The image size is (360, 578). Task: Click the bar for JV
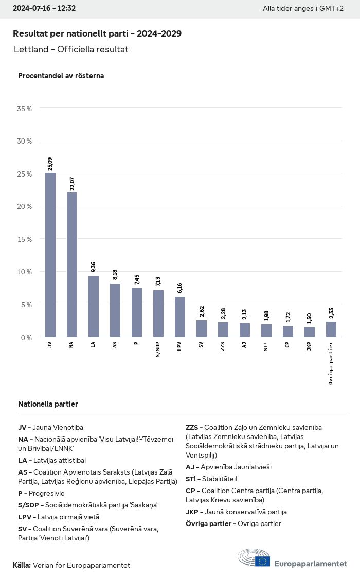tap(50, 255)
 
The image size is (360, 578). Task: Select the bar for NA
tap(72, 265)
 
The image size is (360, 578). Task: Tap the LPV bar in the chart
tap(180, 317)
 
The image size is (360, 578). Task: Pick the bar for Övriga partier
tap(331, 329)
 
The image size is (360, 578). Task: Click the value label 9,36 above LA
tap(94, 267)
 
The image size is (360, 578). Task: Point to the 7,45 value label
tap(137, 279)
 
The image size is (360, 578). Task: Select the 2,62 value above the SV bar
tap(202, 311)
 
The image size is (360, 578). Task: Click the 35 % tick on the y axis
tap(25, 109)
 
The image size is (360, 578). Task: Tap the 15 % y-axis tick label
tap(25, 239)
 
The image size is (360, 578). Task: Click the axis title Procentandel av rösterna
tap(61, 76)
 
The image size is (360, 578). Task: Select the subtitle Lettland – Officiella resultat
tap(71, 49)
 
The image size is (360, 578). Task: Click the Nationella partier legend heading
tap(48, 404)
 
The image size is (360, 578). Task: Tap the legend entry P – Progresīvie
tap(41, 493)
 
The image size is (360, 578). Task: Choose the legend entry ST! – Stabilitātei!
tap(211, 479)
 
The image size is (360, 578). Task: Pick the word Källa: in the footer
tap(22, 565)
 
